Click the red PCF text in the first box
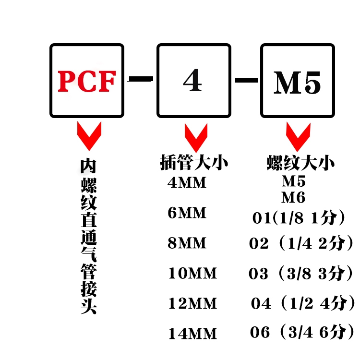pos(87,82)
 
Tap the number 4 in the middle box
pos(192,82)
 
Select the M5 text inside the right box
pos(297,83)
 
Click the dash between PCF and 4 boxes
pos(141,79)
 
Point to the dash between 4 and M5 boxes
pos(245,79)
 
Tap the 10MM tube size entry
pos(192,274)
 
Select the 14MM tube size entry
pos(192,334)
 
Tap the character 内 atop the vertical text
pos(89,166)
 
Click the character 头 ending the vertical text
pos(89,306)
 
